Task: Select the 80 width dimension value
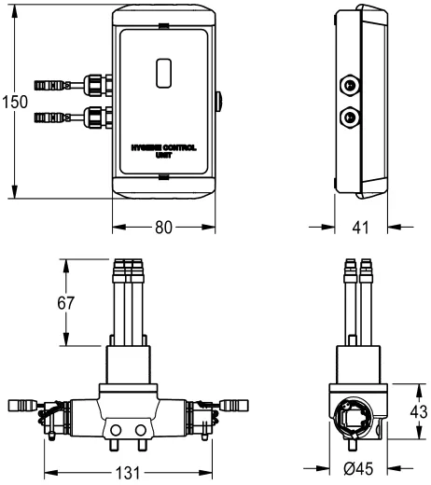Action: click(x=164, y=227)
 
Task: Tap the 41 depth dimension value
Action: click(x=360, y=227)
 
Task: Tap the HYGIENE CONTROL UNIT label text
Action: click(x=163, y=152)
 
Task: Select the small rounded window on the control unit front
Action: click(x=163, y=72)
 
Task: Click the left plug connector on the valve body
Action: click(x=22, y=406)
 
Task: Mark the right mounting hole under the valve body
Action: click(x=141, y=430)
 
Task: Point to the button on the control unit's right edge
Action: click(x=218, y=100)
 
